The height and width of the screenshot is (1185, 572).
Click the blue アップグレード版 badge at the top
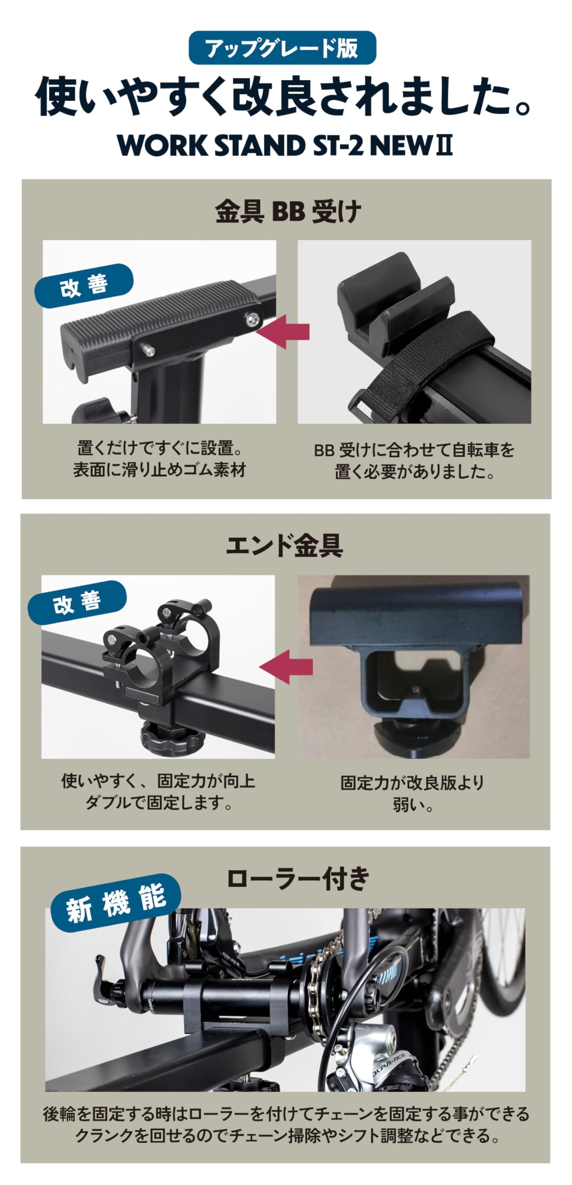tap(282, 48)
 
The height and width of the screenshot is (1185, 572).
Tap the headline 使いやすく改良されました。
tap(283, 96)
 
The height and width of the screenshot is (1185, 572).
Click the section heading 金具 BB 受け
tap(288, 212)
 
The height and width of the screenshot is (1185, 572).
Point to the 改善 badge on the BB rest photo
tap(84, 286)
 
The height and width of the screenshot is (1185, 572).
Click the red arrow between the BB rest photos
tap(283, 331)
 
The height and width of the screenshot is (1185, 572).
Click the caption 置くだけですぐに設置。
tap(160, 448)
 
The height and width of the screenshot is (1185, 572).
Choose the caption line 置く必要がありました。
tap(415, 472)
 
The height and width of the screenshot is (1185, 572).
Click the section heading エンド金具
tap(284, 545)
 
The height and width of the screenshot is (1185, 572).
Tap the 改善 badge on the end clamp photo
tap(77, 603)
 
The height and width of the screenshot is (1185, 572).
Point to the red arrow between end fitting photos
tap(286, 667)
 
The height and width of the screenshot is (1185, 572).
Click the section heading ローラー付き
tap(298, 878)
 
